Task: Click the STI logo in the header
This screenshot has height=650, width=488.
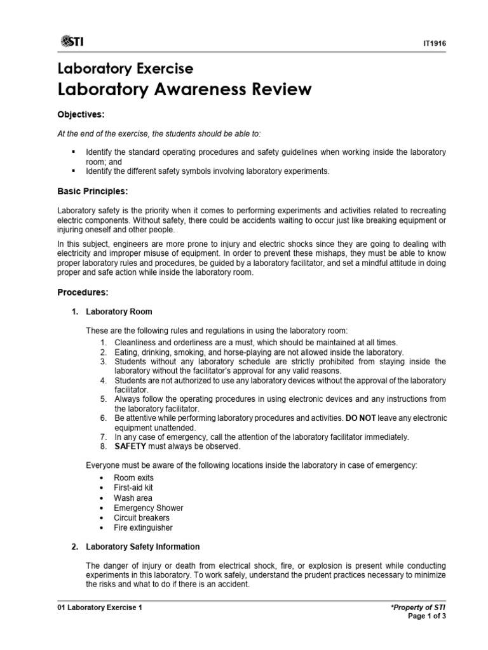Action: pyautogui.click(x=72, y=42)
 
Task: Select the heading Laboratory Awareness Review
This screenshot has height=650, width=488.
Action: pyautogui.click(x=184, y=90)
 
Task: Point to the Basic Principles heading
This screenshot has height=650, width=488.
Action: pyautogui.click(x=92, y=190)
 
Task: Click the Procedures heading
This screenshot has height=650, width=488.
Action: pyautogui.click(x=83, y=293)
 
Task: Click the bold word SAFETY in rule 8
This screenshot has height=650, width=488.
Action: pyautogui.click(x=131, y=446)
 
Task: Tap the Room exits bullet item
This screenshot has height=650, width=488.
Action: pyautogui.click(x=133, y=477)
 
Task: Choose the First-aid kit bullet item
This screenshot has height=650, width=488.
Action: pyautogui.click(x=133, y=487)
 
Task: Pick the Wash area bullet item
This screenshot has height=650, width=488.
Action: pyautogui.click(x=133, y=498)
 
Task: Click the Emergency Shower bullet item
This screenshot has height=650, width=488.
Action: pyautogui.click(x=148, y=508)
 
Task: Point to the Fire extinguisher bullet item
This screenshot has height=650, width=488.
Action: pyautogui.click(x=143, y=527)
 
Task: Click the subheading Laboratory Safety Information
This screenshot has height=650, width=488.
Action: pyautogui.click(x=143, y=547)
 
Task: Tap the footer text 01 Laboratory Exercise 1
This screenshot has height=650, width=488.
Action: pyautogui.click(x=100, y=607)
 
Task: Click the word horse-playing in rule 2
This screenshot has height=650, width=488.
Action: pyautogui.click(x=244, y=352)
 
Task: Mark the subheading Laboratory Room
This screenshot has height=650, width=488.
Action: pyautogui.click(x=119, y=312)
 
